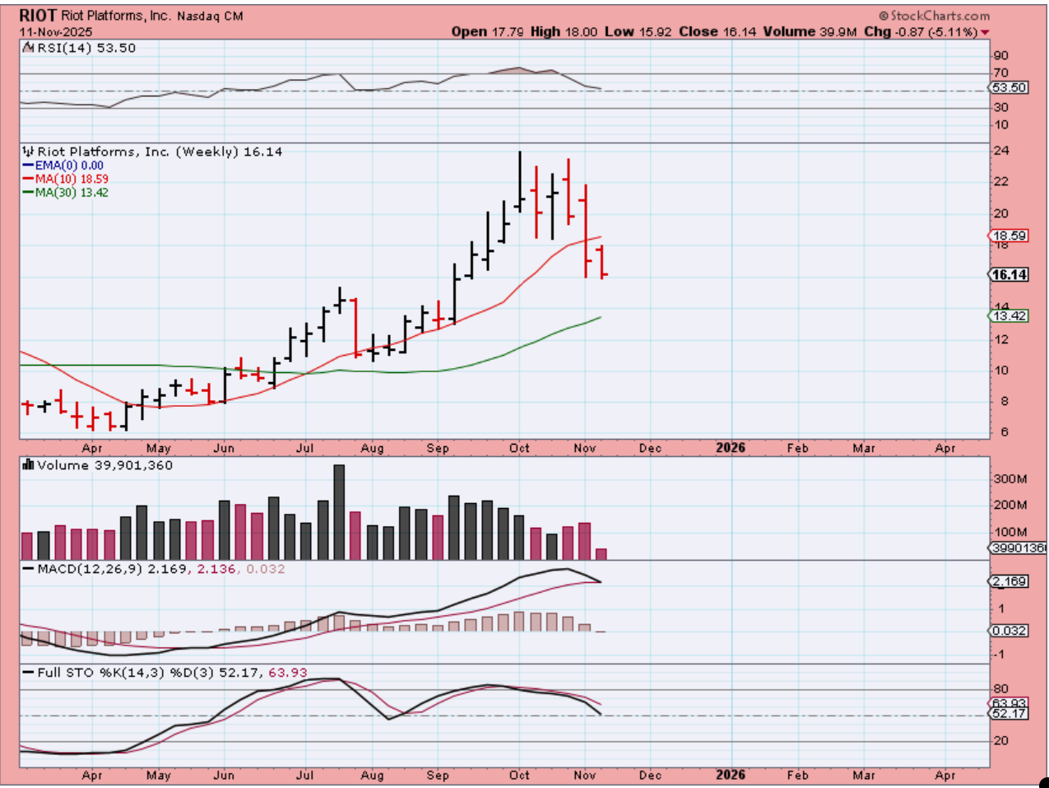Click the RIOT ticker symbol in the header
click(x=38, y=16)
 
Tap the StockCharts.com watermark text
click(x=935, y=16)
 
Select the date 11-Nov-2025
click(x=56, y=32)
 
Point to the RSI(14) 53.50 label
click(x=81, y=48)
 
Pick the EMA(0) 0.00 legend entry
click(x=68, y=166)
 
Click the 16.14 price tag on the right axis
click(x=1010, y=275)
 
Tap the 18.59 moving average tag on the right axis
click(x=1010, y=235)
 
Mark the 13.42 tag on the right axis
click(x=1010, y=316)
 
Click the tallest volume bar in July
click(x=339, y=511)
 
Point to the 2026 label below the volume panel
click(x=731, y=448)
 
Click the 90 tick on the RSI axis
click(x=1000, y=56)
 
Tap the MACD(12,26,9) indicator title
click(x=89, y=569)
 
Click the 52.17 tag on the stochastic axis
click(x=1010, y=714)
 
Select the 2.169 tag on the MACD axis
click(x=1010, y=581)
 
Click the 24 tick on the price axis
click(x=1000, y=152)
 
